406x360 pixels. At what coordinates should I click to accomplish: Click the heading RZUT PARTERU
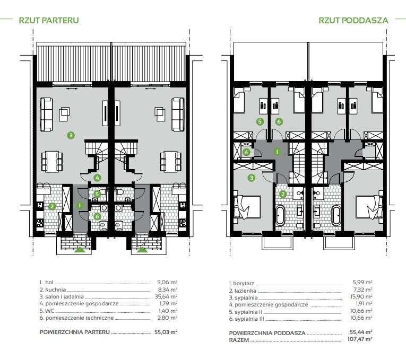[49, 20]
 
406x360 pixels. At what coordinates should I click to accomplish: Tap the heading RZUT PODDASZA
[353, 20]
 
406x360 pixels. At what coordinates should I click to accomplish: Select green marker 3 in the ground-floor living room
[71, 135]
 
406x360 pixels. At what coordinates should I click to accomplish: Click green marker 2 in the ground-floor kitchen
[52, 206]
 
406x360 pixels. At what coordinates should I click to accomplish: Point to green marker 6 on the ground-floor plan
[97, 216]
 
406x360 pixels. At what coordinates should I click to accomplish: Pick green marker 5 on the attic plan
[260, 121]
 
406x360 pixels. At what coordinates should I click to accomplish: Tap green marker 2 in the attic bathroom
[283, 194]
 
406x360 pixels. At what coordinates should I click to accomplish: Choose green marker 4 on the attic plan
[246, 152]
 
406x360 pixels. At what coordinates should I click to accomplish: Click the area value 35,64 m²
[166, 296]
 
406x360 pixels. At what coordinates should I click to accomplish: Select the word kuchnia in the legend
[56, 289]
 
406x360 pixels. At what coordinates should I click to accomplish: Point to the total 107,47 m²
[360, 339]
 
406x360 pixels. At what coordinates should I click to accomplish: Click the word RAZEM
[239, 340]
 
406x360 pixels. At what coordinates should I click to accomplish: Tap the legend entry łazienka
[245, 291]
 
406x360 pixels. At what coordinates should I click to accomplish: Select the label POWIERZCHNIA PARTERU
[75, 332]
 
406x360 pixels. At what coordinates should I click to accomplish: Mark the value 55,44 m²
[361, 332]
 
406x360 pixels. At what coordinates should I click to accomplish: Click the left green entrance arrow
[81, 250]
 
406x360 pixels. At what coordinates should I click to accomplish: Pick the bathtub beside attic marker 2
[280, 215]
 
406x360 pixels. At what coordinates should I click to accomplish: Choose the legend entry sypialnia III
[249, 319]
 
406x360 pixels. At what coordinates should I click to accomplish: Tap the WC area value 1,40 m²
[168, 311]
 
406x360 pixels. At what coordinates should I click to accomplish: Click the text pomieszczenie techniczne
[80, 318]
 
